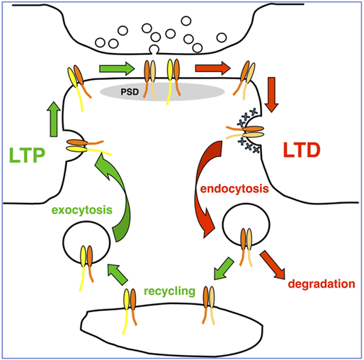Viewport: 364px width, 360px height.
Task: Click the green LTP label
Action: [x=27, y=155]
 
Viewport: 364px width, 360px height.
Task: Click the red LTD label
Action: [x=302, y=150]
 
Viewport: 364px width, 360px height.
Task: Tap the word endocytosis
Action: [x=234, y=189]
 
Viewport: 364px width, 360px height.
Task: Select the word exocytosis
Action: [x=82, y=210]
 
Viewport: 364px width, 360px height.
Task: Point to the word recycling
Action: [x=169, y=291]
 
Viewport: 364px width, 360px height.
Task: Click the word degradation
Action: [x=322, y=284]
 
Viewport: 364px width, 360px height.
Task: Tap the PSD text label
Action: [x=130, y=92]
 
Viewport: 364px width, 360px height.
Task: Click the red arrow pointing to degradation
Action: [x=273, y=265]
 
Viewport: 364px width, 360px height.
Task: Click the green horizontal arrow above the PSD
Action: [x=117, y=69]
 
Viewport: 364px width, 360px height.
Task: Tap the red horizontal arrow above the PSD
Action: [x=212, y=69]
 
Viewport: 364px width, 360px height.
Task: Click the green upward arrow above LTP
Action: [x=54, y=120]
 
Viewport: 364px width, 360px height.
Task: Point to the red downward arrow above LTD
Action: [x=271, y=95]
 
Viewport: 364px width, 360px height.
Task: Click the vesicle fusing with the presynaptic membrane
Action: [x=154, y=50]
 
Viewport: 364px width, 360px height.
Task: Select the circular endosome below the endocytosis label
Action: [x=246, y=225]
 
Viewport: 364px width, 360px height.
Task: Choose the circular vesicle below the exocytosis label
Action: [x=86, y=243]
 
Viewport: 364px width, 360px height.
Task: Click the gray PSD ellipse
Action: [x=162, y=92]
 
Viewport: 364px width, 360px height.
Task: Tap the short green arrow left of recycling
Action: [x=118, y=274]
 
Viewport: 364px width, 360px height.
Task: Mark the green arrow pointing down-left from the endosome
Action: [x=224, y=269]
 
